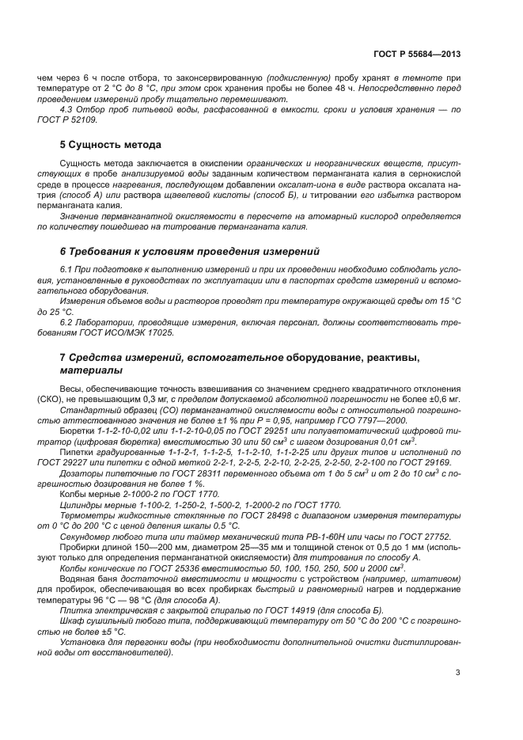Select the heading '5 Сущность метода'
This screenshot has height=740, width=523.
[111, 145]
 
